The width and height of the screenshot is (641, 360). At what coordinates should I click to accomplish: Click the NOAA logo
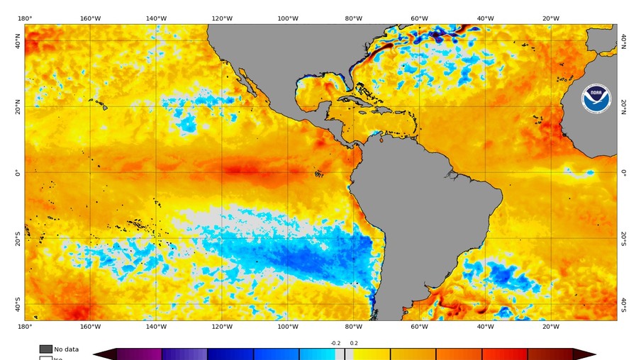coord(596,99)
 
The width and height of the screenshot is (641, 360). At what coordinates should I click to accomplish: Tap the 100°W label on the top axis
coord(287,18)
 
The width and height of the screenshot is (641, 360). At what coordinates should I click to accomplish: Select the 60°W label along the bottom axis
coord(419,326)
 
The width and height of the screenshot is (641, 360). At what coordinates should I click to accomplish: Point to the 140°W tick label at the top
coord(156,18)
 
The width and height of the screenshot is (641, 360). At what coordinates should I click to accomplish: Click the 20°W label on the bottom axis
coord(551,326)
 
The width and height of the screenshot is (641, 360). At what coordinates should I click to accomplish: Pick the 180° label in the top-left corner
coord(24,18)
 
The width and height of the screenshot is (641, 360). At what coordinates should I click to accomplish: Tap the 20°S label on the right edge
coord(623,238)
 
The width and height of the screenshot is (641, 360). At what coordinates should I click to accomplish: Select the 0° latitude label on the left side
coord(18,172)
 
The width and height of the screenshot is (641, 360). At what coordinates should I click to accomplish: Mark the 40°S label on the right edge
coord(623,304)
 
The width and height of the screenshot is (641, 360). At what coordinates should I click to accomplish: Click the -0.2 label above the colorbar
coord(335,343)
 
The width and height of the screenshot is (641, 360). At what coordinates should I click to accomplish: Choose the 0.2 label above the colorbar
coord(354,343)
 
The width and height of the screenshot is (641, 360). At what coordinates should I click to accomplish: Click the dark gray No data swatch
coord(45,349)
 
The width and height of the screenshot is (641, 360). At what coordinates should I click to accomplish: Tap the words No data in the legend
coord(67,349)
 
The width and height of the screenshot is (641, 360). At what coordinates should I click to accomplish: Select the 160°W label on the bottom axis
coord(90,326)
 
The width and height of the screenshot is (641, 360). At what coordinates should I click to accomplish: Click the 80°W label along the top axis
coord(353,18)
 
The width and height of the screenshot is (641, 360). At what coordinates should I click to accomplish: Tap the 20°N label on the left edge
coord(18,107)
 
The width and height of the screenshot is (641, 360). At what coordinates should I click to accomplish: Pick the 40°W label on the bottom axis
coord(485,326)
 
